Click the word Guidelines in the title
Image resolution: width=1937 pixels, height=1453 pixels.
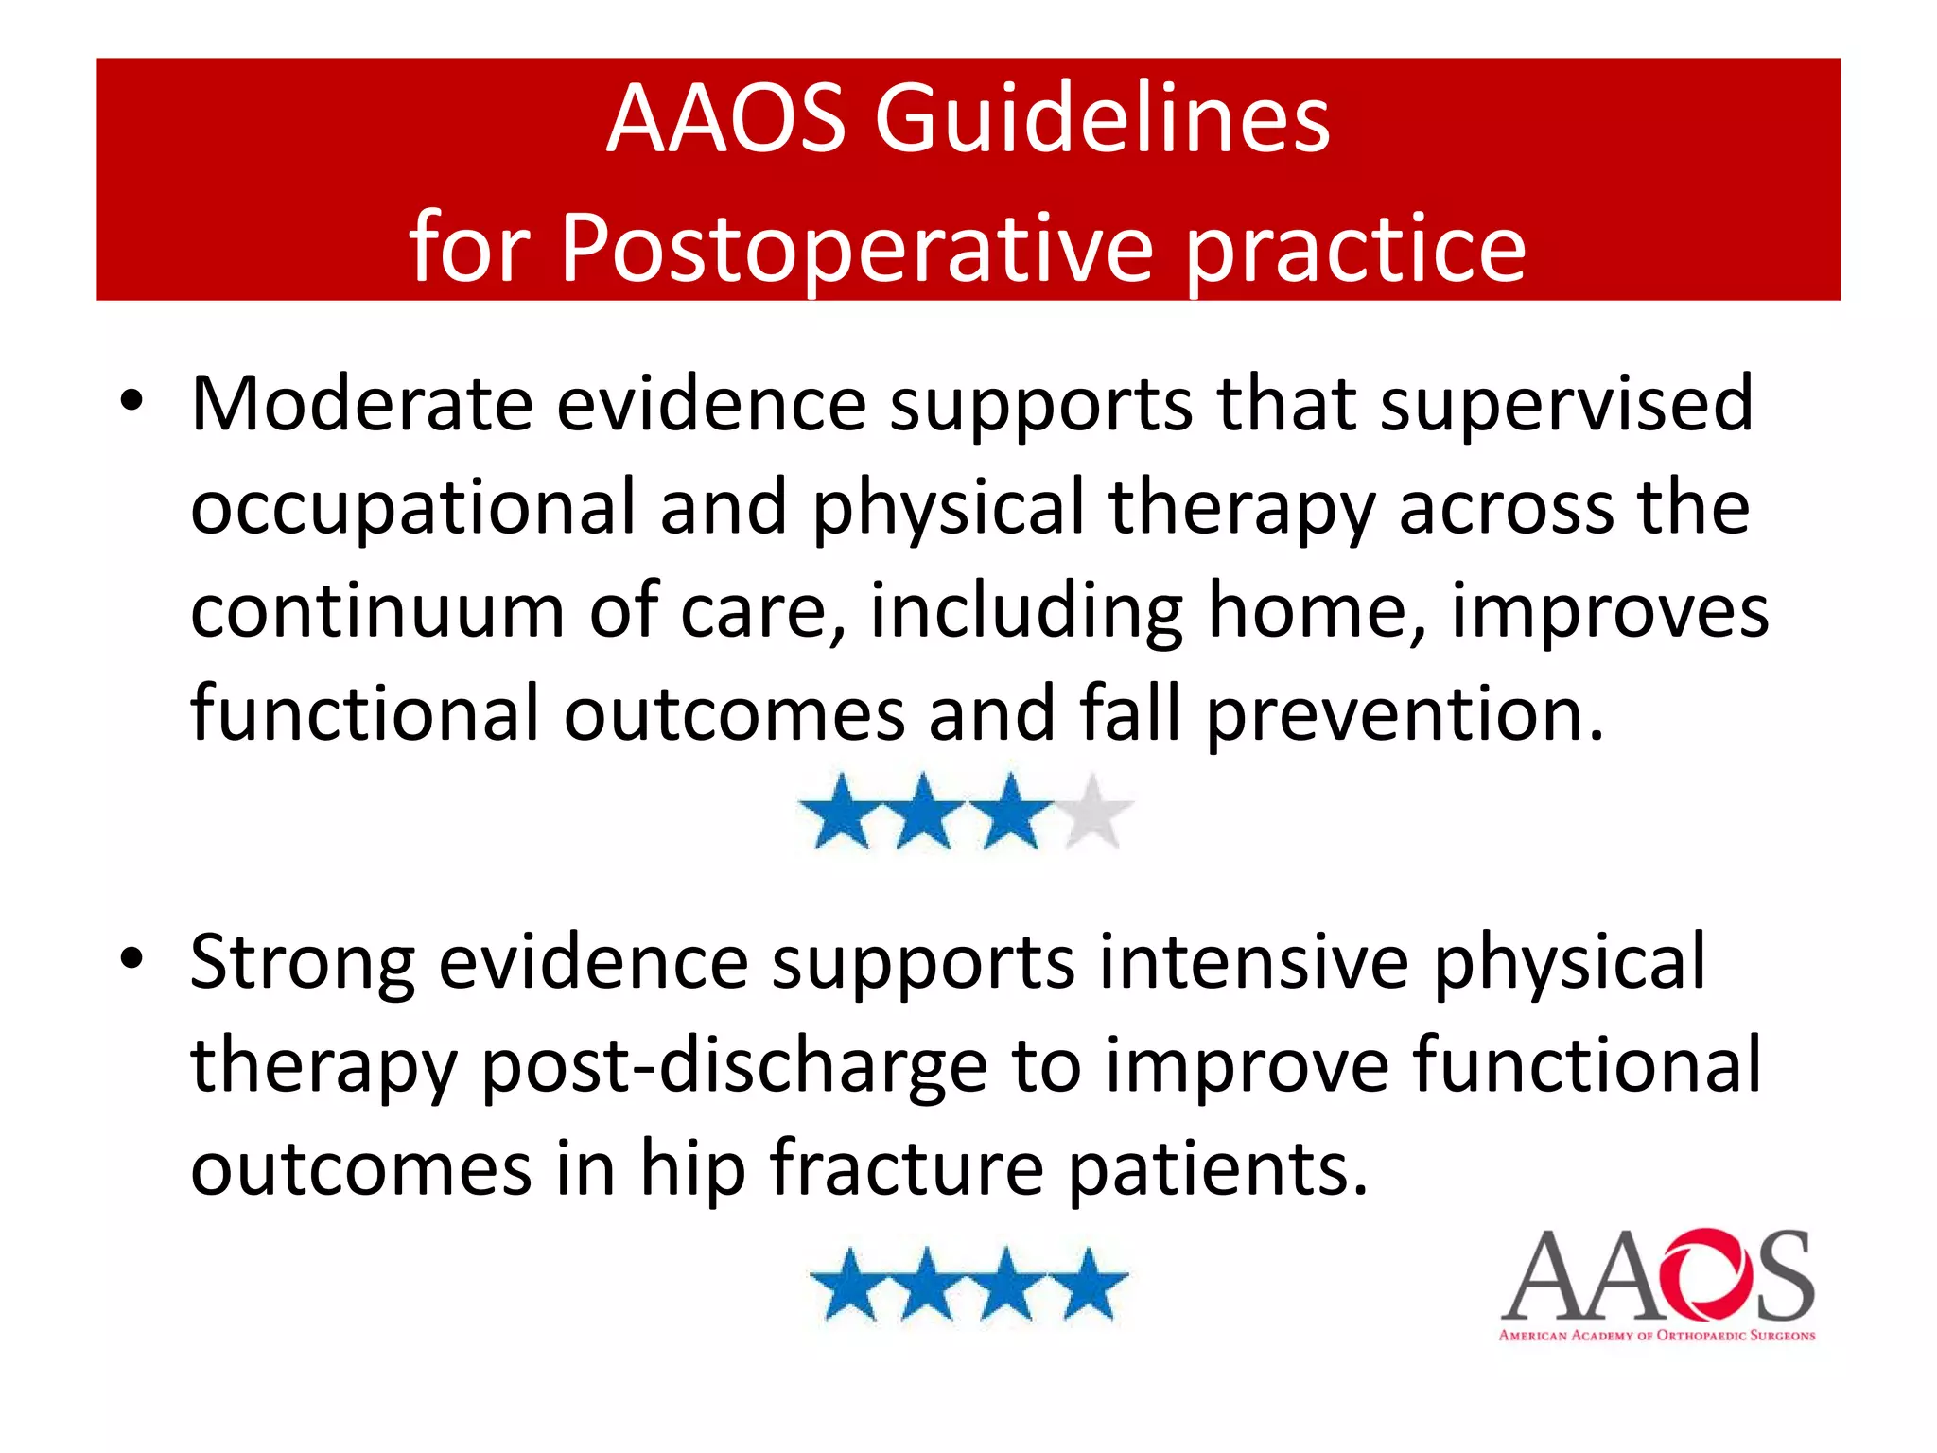[1102, 120]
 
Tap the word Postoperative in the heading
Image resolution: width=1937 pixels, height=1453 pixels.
[857, 248]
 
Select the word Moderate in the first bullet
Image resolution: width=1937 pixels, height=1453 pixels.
[362, 405]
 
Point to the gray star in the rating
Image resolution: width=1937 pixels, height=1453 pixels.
[1093, 813]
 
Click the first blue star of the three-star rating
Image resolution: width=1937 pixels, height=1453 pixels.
[840, 813]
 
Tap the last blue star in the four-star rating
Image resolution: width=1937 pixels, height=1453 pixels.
[1091, 1286]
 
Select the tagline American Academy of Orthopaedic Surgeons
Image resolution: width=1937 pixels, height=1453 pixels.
[1656, 1336]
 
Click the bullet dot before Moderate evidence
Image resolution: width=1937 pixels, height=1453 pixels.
[131, 401]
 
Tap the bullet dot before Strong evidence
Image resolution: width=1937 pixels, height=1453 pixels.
[131, 959]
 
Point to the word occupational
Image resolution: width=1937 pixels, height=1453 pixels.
[413, 509]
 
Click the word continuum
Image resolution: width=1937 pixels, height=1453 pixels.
[377, 611]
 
